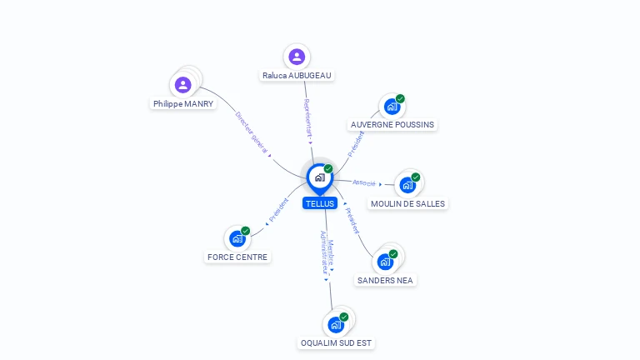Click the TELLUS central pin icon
pos(319,177)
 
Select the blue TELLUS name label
pos(320,203)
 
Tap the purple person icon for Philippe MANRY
pos(183,84)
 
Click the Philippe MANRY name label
pos(183,104)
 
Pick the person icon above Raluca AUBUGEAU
pos(297,57)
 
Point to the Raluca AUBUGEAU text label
pos(297,76)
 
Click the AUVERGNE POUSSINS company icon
pos(392,107)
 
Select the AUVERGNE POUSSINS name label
pos(392,125)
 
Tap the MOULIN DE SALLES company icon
pos(407,184)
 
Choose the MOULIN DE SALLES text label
pos(408,204)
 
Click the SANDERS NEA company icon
pos(385,261)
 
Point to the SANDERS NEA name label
pos(386,281)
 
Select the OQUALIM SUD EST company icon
pos(336,324)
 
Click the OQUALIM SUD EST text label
pos(337,342)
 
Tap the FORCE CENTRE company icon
pos(237,238)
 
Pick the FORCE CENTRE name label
pos(237,257)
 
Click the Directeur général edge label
pos(252,132)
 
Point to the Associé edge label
pos(364,182)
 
